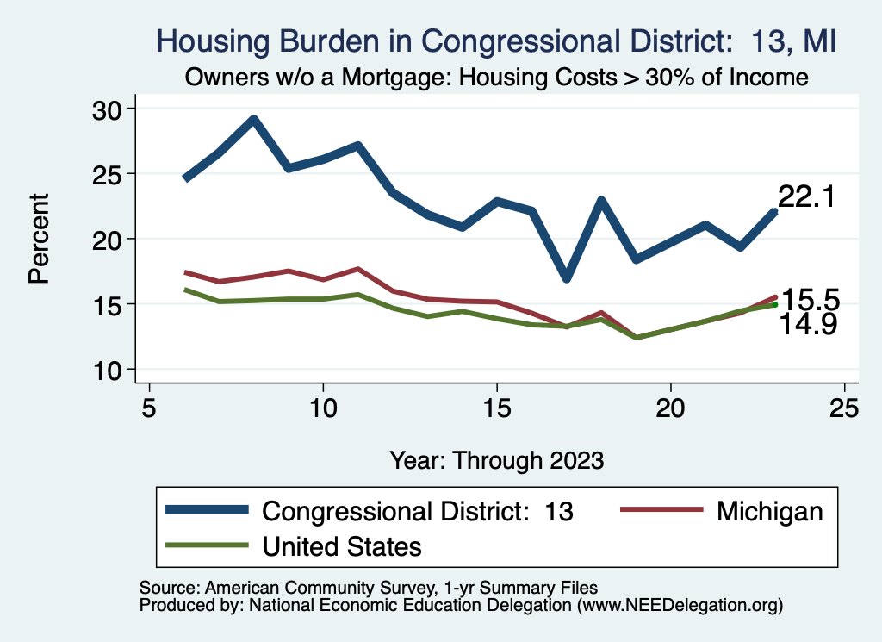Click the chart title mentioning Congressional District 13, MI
pos(496,41)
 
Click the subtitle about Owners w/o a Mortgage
pos(496,78)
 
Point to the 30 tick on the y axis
pos(110,109)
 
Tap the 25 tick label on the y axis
pos(110,173)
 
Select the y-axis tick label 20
pos(110,239)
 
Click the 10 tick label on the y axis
pos(110,370)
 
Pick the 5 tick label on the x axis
pos(149,408)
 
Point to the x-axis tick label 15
pos(496,408)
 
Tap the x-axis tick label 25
pos(844,408)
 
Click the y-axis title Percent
pos(38,239)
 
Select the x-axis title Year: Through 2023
pos(496,458)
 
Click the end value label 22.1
pos(806,197)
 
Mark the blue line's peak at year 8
pos(253,119)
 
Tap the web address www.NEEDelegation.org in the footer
pos(680,605)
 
